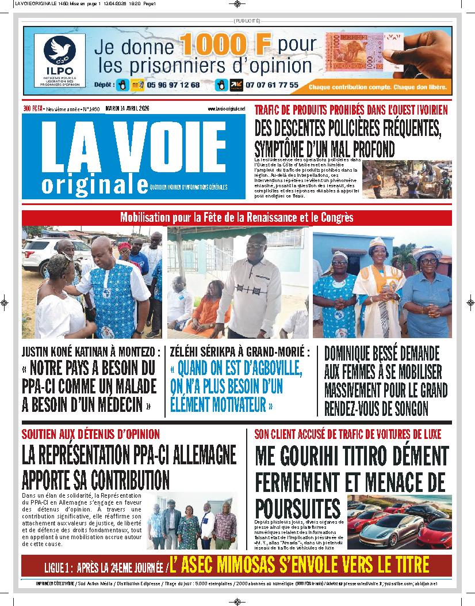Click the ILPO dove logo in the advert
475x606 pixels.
[60, 51]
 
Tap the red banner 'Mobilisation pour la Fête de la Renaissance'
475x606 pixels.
[236, 218]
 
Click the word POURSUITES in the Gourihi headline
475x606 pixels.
[297, 508]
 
